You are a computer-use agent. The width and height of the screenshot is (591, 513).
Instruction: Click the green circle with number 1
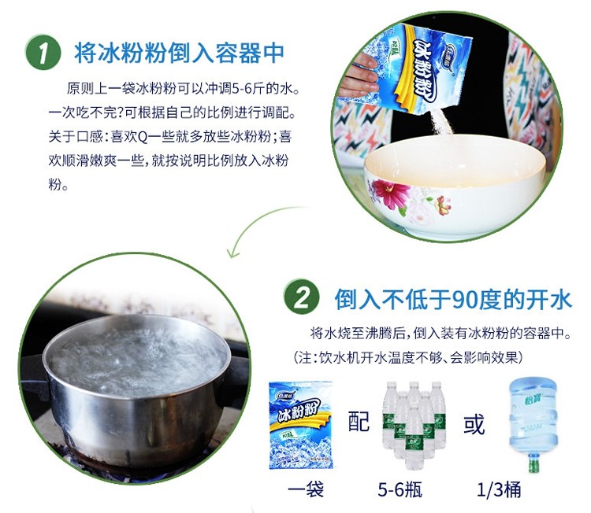pos(43,52)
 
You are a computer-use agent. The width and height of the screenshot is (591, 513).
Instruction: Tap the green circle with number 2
pos(302,297)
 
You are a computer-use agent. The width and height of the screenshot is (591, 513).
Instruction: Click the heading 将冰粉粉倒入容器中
pos(179,52)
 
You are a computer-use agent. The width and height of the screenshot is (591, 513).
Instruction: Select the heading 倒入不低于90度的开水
pos(453,299)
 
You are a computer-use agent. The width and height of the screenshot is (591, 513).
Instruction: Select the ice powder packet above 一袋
pos(301,425)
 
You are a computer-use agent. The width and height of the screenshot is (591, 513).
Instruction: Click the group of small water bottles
pos(414,426)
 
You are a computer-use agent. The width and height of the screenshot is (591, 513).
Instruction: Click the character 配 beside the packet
pos(359,421)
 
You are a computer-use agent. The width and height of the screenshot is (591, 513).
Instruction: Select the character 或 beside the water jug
pos(474,424)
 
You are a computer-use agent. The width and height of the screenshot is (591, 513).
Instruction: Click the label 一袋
pos(306,489)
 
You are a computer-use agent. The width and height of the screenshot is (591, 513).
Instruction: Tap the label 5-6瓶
pos(400,489)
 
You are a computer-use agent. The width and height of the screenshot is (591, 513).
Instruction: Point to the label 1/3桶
pos(499,489)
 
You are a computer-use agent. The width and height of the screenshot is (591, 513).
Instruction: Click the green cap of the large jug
pos(533,464)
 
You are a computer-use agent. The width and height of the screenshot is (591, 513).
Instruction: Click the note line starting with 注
pos(408,357)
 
